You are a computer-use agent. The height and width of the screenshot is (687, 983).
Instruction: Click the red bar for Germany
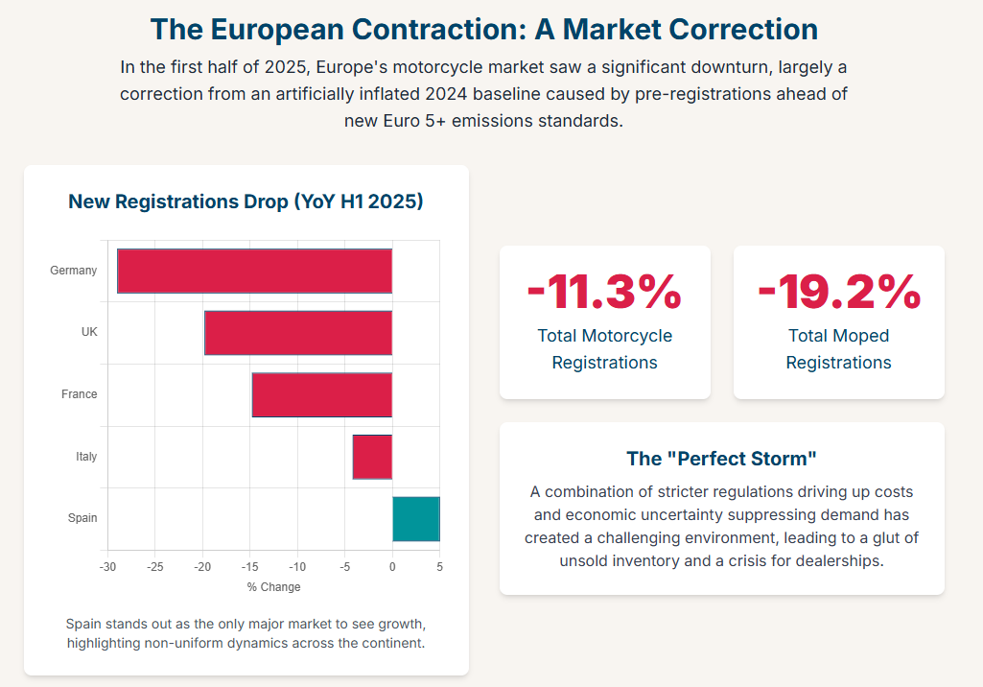(254, 271)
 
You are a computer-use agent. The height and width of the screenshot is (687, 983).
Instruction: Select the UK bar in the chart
(298, 333)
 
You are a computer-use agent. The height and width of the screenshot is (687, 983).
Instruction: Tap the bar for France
(321, 394)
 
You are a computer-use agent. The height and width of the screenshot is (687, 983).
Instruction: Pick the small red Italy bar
(372, 456)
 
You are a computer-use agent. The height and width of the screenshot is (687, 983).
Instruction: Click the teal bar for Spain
(415, 518)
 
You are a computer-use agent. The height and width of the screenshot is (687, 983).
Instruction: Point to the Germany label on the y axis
(74, 271)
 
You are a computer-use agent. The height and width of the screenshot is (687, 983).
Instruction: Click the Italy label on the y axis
(86, 457)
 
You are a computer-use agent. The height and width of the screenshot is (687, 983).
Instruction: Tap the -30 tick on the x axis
(108, 567)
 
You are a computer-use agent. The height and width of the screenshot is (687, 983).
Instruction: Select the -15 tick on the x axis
(250, 567)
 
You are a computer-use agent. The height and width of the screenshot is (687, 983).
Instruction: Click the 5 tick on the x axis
(439, 567)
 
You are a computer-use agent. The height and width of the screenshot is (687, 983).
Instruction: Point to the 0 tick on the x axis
(392, 567)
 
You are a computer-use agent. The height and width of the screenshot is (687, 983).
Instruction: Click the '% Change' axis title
(273, 587)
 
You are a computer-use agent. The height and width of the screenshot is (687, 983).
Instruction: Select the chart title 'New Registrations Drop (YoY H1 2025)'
(246, 201)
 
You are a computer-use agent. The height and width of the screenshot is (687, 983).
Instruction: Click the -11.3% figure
(604, 292)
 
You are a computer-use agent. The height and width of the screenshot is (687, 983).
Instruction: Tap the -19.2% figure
(838, 292)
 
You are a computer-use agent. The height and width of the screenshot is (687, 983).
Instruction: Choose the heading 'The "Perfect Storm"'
(721, 459)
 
